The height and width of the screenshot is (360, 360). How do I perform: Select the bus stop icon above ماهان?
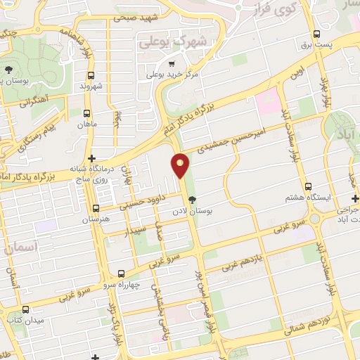pos(86,113)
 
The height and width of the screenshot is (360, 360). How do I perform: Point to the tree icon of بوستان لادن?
pos(193,199)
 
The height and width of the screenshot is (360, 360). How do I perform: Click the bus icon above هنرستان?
pos(96,209)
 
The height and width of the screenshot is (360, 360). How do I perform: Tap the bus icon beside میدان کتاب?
pos(26,309)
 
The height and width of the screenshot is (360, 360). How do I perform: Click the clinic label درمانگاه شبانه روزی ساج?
pos(92,174)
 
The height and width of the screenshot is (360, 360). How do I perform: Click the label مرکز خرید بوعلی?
pos(172,74)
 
